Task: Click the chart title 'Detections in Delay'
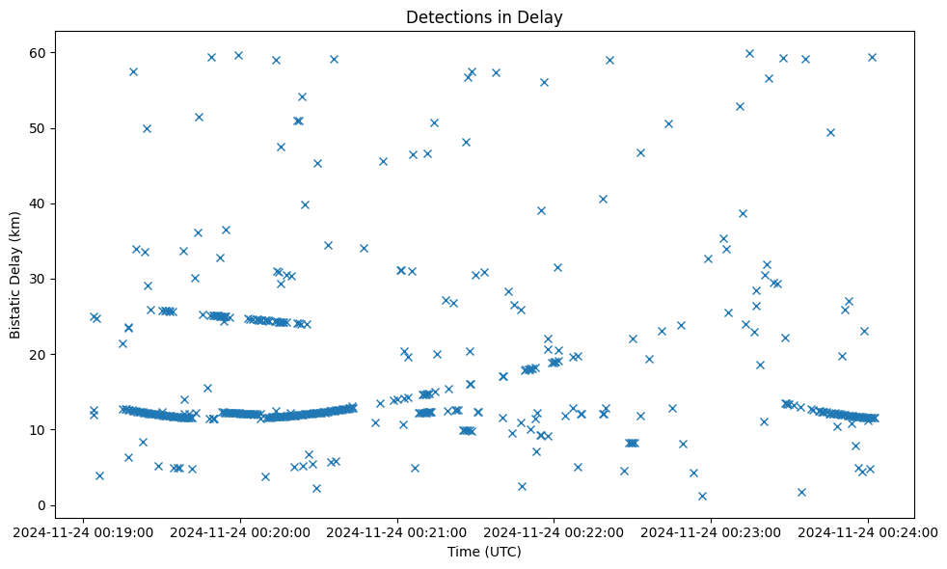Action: (484, 16)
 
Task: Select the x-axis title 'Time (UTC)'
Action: (484, 552)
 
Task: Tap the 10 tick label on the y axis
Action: (40, 430)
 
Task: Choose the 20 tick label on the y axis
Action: (40, 355)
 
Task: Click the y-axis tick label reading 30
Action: (40, 280)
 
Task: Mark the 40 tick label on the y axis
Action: (40, 203)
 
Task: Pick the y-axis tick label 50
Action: (40, 128)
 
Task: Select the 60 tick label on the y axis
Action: (40, 53)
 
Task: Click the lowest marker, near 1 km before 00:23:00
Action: (702, 496)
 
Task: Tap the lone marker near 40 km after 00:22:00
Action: (603, 199)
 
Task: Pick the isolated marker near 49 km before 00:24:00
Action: (830, 132)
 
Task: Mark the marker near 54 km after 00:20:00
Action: (302, 96)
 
